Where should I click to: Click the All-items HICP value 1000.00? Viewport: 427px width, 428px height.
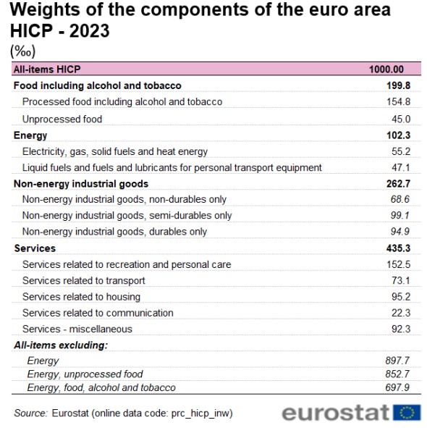(386, 70)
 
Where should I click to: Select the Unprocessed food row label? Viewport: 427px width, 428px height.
(62, 119)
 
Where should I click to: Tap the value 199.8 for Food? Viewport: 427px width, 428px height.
(398, 85)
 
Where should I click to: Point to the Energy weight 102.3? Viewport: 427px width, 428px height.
(398, 135)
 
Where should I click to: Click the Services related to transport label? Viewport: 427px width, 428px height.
(84, 280)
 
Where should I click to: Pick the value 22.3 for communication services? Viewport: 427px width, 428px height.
(401, 313)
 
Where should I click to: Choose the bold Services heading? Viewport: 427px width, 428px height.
(35, 248)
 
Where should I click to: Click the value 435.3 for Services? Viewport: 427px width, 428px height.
(398, 248)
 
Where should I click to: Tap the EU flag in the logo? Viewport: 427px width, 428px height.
(407, 412)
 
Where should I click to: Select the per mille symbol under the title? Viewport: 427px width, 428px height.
(22, 51)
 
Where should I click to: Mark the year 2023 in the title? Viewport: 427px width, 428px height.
(89, 30)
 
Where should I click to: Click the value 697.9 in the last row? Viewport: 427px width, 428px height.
(397, 387)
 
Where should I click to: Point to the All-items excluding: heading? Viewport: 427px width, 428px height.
(61, 345)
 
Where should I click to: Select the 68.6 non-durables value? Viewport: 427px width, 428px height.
(400, 199)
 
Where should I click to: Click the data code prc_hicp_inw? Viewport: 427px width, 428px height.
(200, 414)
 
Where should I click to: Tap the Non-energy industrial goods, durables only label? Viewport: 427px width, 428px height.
(114, 232)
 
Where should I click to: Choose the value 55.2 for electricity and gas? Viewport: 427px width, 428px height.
(401, 151)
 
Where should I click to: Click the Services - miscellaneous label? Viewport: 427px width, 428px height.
(77, 329)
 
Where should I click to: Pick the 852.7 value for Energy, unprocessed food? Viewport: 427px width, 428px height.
(397, 374)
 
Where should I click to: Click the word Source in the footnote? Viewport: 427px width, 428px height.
(30, 413)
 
